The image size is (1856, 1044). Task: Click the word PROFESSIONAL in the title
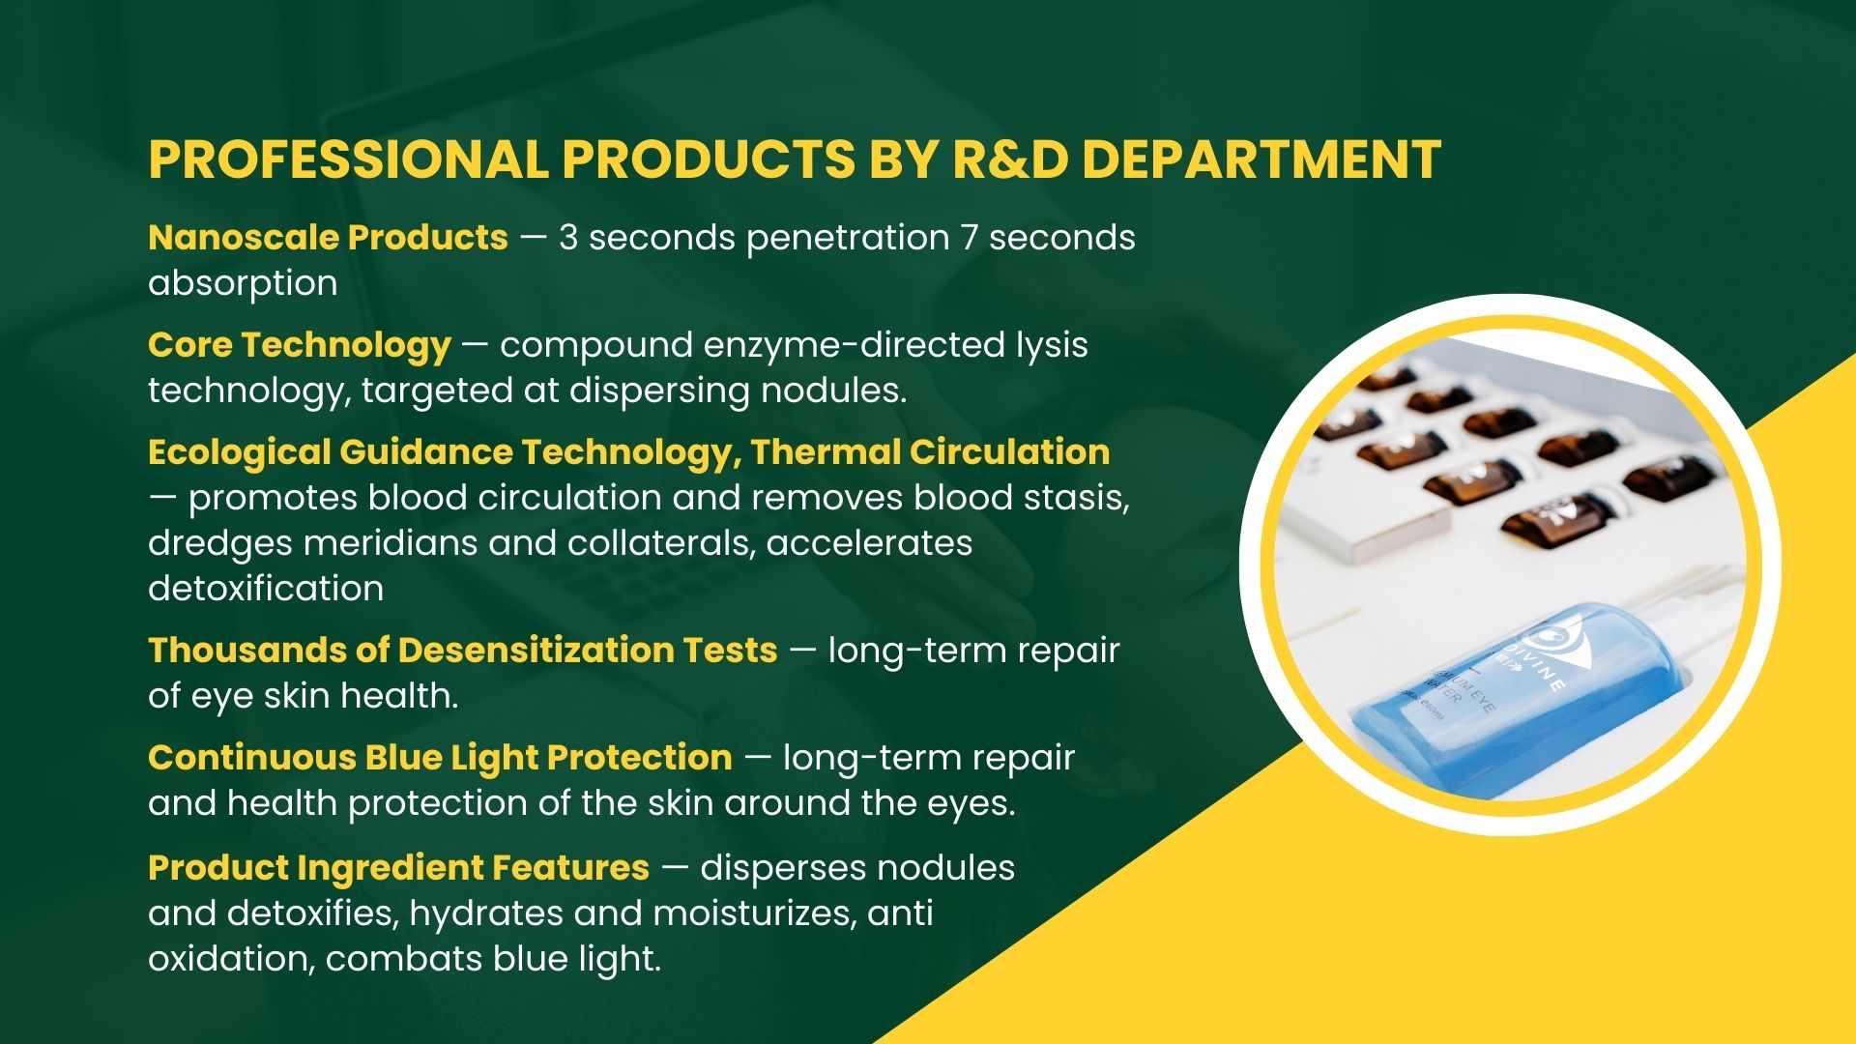[348, 159]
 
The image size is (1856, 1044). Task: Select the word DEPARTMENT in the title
[1261, 159]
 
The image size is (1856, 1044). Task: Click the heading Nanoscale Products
[328, 237]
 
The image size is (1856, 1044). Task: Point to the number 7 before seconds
[970, 238]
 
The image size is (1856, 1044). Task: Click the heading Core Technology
[300, 345]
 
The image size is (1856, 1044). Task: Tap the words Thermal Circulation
[930, 451]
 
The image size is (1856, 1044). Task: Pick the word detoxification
[266, 589]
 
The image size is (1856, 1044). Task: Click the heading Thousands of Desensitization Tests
[462, 650]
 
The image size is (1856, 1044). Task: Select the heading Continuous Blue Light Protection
[440, 758]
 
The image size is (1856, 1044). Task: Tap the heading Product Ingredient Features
[398, 868]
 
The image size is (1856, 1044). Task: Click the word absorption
[243, 284]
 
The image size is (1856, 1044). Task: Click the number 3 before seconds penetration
[568, 238]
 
